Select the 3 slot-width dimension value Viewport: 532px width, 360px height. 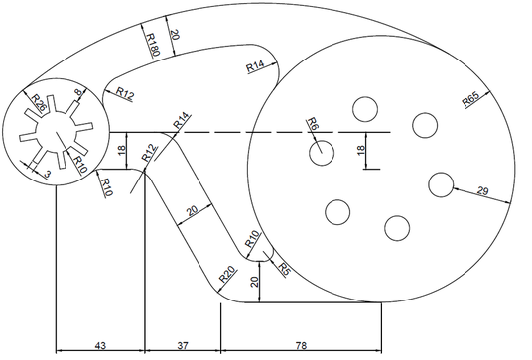[48, 174]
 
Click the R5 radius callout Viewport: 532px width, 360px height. [284, 268]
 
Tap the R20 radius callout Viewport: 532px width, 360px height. [226, 275]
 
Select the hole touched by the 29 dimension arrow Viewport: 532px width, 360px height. [442, 184]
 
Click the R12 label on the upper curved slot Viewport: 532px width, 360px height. [125, 93]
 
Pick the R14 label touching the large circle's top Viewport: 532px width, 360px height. [255, 66]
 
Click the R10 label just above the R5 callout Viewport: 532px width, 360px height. [252, 238]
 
